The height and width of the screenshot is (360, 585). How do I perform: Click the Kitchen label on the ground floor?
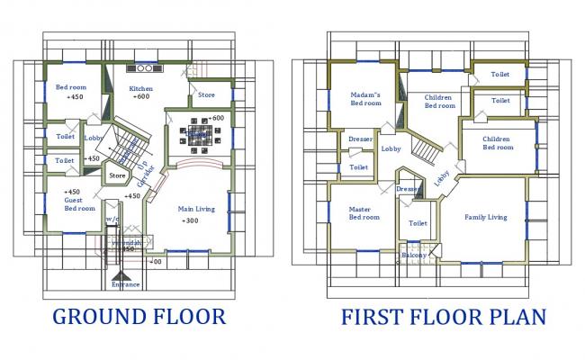coord(141,88)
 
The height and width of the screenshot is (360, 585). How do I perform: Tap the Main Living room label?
coord(195,210)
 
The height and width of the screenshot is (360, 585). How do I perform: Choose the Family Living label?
coord(485,217)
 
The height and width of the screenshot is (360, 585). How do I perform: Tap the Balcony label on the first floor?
coord(415,256)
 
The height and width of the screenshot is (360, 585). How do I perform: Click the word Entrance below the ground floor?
coord(125,285)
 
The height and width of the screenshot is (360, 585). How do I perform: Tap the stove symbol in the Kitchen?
coord(143,68)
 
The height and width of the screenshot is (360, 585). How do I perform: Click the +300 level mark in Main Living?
coord(192,220)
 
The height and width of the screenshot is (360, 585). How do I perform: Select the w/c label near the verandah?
coord(112,219)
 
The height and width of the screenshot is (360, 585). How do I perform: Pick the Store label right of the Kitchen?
coord(206,94)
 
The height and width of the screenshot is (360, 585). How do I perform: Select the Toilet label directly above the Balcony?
coord(418,223)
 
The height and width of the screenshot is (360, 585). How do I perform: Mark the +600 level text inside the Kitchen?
coord(141,97)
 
